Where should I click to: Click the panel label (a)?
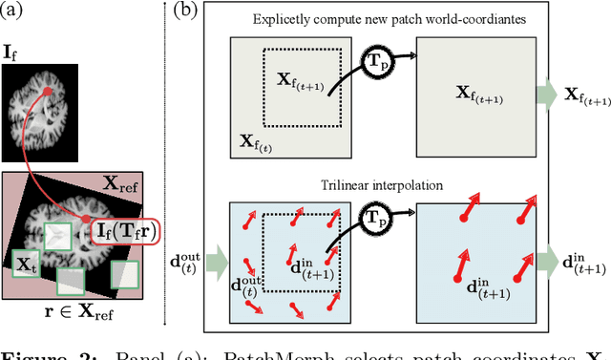[x=16, y=11]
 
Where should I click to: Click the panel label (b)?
[x=185, y=11]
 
